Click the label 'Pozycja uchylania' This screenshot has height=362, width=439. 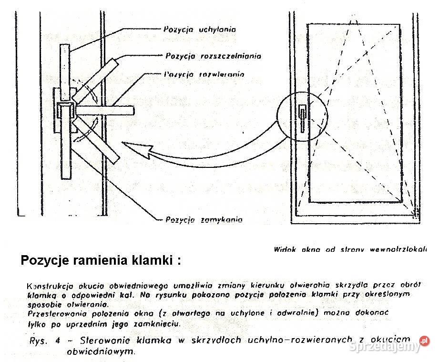point(200,29)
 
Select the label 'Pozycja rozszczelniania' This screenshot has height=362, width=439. point(213,56)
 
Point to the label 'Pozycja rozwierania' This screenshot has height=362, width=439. point(204,74)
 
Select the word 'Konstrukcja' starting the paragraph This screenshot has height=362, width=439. point(47,286)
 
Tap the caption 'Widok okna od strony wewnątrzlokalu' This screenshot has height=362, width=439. point(350,249)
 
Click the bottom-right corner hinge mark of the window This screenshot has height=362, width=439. point(416,211)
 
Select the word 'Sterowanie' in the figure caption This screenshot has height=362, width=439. point(102,341)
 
